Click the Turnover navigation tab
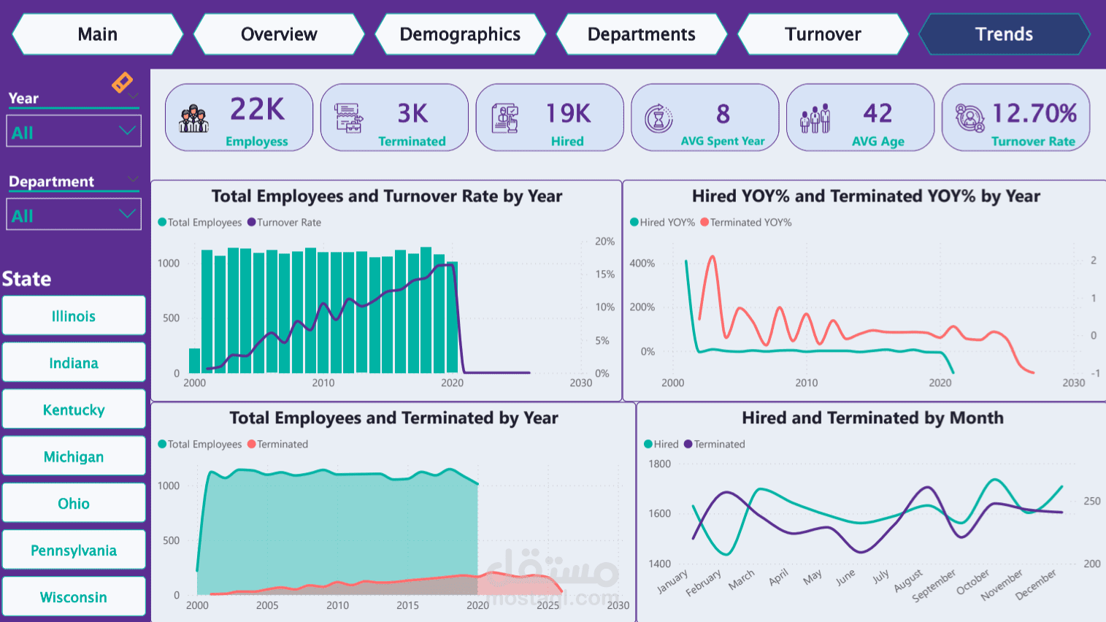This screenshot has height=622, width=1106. click(x=823, y=34)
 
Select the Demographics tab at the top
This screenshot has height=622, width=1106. click(x=460, y=34)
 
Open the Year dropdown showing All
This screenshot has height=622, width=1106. click(x=74, y=132)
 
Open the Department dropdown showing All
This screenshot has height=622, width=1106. click(x=74, y=215)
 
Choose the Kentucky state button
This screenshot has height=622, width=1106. click(x=74, y=410)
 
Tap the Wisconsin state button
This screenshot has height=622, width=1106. click(x=74, y=597)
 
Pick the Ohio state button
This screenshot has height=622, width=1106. click(x=74, y=504)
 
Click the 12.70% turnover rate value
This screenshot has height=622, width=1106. click(x=1034, y=113)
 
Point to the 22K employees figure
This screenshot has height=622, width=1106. click(x=257, y=110)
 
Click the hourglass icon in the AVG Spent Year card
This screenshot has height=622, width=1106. click(x=658, y=118)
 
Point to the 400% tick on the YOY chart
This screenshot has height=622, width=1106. click(x=642, y=264)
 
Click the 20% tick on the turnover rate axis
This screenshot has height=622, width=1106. click(x=604, y=242)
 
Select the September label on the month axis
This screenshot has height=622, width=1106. click(x=934, y=586)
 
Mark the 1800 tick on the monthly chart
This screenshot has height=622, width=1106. click(x=659, y=464)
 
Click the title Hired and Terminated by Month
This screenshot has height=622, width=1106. click(x=872, y=418)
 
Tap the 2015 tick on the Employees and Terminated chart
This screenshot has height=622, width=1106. click(x=407, y=605)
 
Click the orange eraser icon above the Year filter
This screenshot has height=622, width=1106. click(x=122, y=82)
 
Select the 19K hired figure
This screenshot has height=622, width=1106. click(x=568, y=113)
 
